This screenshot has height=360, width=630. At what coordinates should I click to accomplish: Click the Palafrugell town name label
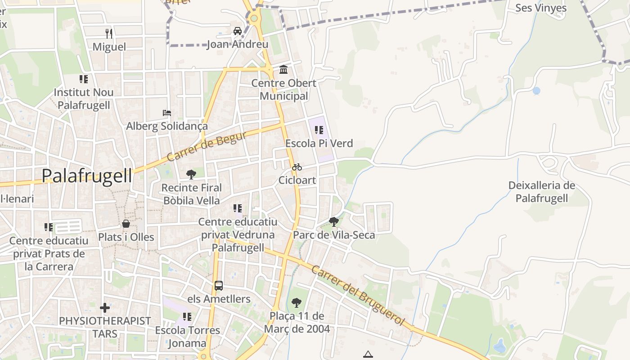(87, 176)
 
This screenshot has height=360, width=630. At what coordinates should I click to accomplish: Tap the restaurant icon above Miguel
(108, 33)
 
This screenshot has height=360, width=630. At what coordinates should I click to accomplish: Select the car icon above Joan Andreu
(237, 31)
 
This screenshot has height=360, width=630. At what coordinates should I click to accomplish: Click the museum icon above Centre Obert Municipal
(283, 70)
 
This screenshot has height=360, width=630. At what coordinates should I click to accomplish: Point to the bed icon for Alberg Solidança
(167, 112)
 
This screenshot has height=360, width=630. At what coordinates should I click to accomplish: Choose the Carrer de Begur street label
(207, 146)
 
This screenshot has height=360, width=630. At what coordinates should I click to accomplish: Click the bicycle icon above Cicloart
(297, 167)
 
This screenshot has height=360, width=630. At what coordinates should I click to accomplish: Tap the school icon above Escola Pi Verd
(319, 130)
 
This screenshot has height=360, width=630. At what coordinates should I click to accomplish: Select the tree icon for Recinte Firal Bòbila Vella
(191, 174)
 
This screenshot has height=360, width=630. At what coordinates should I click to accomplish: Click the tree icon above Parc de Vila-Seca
(333, 221)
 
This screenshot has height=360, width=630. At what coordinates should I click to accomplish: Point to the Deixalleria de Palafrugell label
(542, 192)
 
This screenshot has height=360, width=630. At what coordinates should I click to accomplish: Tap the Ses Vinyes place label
(541, 8)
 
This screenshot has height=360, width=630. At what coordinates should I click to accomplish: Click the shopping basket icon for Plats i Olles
(126, 224)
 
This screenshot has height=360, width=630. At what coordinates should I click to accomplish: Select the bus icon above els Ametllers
(219, 286)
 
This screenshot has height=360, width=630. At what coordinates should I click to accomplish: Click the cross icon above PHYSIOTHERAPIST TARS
(105, 308)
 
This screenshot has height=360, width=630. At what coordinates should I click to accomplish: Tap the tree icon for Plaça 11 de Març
(296, 302)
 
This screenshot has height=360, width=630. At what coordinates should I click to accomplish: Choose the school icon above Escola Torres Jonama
(187, 317)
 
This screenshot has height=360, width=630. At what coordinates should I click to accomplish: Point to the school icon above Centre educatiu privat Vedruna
(238, 208)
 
